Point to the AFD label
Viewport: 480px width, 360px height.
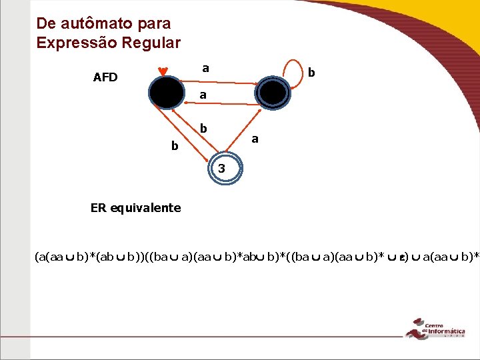(105, 77)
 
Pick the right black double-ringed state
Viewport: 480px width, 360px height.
(273, 93)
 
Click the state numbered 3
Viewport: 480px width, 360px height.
(222, 169)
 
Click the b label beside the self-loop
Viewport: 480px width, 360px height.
(311, 71)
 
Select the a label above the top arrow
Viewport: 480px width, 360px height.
(205, 67)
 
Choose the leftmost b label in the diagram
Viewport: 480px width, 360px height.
(175, 145)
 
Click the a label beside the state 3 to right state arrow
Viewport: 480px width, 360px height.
(255, 139)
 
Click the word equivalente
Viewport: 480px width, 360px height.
(149, 208)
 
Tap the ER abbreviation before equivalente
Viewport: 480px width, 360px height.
(98, 208)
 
